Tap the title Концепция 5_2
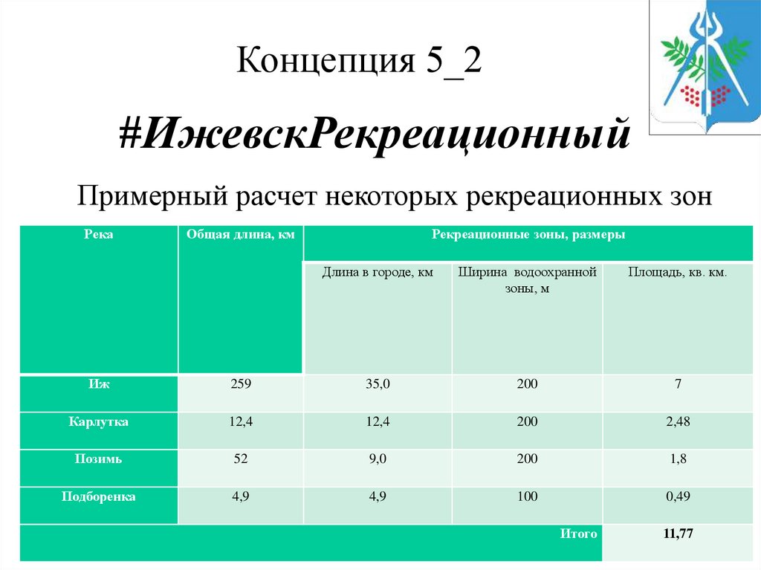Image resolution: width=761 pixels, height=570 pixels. (359, 61)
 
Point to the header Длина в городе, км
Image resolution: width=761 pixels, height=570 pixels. (378, 273)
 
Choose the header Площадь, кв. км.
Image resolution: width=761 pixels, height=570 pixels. (677, 273)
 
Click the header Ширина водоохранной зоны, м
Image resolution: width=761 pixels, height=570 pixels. (527, 280)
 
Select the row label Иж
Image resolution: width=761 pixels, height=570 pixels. (99, 384)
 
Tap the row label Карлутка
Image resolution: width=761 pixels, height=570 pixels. (99, 422)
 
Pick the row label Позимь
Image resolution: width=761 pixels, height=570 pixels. (99, 459)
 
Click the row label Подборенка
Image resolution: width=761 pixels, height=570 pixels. (99, 496)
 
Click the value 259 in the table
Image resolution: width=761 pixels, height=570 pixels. (242, 384)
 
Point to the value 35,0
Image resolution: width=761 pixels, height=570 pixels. (378, 384)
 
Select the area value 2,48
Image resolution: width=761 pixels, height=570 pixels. (678, 422)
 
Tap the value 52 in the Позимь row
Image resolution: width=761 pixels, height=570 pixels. (242, 459)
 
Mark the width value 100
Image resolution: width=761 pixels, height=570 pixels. (527, 496)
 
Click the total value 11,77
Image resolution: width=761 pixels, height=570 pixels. (678, 534)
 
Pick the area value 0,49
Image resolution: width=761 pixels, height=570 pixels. (678, 496)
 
